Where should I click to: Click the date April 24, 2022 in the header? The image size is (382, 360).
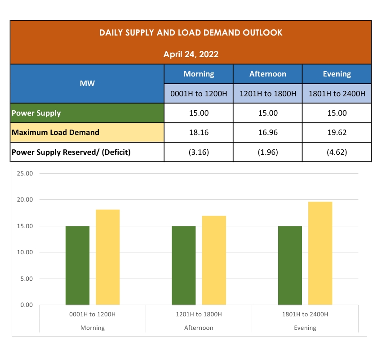[191, 54]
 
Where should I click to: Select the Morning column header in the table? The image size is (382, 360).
[199, 74]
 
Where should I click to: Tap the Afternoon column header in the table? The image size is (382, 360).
[268, 74]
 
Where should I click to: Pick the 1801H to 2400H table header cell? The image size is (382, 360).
[337, 94]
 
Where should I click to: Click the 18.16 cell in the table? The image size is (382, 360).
[199, 133]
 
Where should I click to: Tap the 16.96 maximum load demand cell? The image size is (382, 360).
[268, 133]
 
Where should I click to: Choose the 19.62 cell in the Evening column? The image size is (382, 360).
[337, 133]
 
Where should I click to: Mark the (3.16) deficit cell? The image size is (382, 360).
[199, 152]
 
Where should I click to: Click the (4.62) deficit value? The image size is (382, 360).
[337, 152]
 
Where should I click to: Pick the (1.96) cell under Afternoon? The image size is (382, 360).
[268, 152]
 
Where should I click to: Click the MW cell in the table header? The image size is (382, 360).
[87, 83]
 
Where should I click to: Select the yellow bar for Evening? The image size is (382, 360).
[320, 253]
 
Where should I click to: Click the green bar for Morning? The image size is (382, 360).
[77, 265]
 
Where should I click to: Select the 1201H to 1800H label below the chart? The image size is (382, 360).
[199, 314]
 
